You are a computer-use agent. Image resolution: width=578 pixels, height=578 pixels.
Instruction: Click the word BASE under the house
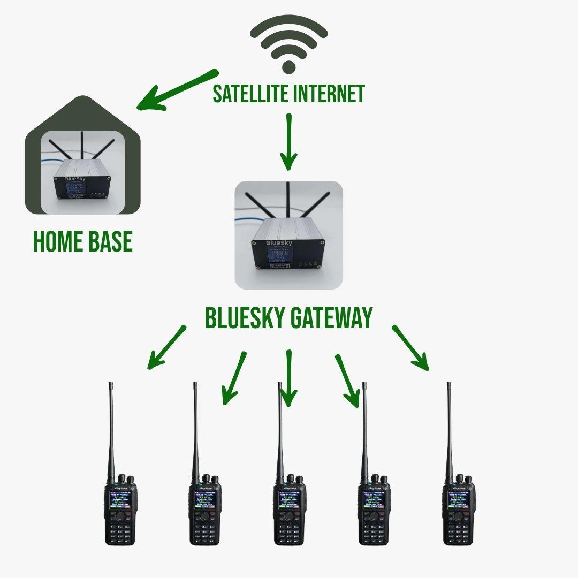pos(109,242)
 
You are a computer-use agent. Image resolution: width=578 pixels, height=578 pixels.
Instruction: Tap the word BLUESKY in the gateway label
pos(244,318)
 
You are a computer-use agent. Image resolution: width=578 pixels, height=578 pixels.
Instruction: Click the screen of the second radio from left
pos(205,500)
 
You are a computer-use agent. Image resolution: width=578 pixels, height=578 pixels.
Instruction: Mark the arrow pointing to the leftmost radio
pos(166,347)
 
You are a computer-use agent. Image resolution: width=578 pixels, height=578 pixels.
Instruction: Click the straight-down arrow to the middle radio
pos(288,377)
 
